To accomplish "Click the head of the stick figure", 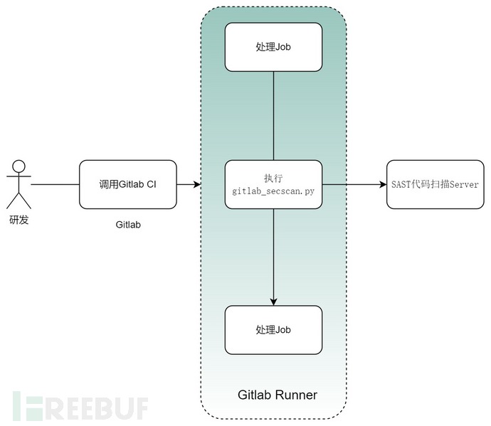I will tap(19, 167).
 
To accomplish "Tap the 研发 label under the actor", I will tap(19, 220).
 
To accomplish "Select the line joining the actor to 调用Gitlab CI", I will tap(55, 184).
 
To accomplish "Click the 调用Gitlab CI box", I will tap(127, 184).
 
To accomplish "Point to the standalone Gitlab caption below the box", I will tap(127, 225).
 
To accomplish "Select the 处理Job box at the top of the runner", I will tap(273, 46).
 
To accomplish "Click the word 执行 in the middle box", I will tap(273, 178).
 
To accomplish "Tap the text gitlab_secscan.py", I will tap(273, 191).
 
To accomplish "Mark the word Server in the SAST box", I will tap(463, 184).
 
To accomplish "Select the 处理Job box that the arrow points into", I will tap(273, 330).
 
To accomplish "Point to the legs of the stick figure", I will tap(19, 202).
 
